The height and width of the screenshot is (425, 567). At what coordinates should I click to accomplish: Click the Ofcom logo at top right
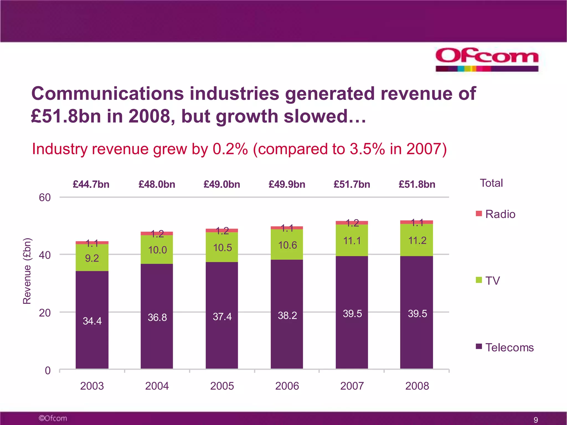pos(487,59)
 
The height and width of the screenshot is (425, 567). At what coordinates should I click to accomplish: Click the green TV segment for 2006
pos(287,245)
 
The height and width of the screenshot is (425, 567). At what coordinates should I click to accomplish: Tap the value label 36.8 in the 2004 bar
pos(157,317)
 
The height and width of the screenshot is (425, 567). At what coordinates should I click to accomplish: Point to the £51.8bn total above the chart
pos(417,184)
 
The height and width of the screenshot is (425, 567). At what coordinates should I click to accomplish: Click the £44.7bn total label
pos(91,184)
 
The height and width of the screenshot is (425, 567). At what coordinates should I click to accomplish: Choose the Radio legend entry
pos(496,214)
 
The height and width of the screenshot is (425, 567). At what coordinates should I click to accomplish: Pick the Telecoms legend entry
pos(505,348)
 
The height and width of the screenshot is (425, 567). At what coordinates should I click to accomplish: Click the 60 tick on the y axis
pos(45,198)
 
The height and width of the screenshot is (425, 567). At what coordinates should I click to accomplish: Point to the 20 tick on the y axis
pos(45,313)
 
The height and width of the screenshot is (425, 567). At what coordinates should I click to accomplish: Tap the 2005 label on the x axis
pos(222,386)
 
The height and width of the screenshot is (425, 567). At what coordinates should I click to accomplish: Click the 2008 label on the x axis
pos(417,386)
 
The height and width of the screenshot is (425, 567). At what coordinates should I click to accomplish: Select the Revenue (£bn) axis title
pos(27,271)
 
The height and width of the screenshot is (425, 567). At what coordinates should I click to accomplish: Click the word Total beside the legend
pos(491,183)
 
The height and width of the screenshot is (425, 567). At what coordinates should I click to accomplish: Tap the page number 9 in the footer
pos(536,420)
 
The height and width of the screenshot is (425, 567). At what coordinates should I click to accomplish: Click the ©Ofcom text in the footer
pos(53,418)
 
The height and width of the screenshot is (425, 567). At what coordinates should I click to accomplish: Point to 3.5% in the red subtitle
pos(367,149)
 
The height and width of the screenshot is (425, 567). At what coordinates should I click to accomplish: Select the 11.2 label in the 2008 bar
pos(417,240)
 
